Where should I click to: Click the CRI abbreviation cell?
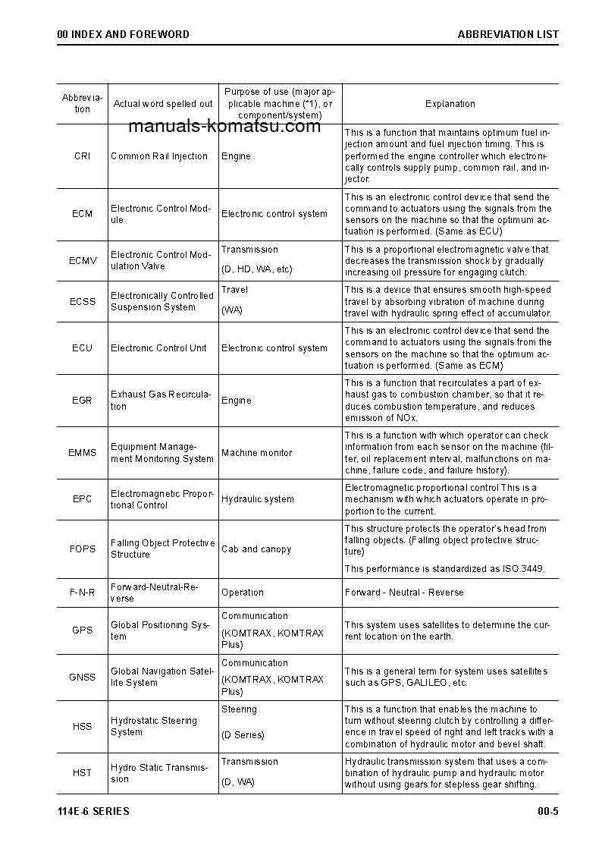coord(82,156)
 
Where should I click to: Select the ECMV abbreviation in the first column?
coord(83,261)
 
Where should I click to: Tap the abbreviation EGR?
coord(82,401)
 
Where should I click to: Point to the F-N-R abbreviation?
coord(82,593)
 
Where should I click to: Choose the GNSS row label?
coord(82,678)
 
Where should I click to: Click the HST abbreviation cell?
coord(82,773)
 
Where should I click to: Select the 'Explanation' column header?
coord(450,104)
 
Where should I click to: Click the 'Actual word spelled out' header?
coord(163,104)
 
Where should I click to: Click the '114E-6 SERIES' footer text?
coord(93,812)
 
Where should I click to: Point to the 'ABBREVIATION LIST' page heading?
coord(508,34)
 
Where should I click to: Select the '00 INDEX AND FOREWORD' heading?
coord(124,34)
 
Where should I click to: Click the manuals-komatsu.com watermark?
coord(225,127)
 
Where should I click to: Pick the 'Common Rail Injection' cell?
coord(159,156)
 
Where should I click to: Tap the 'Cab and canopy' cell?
coord(256,549)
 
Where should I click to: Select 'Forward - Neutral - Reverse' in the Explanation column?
coord(404,593)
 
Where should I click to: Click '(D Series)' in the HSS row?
coord(243,735)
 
